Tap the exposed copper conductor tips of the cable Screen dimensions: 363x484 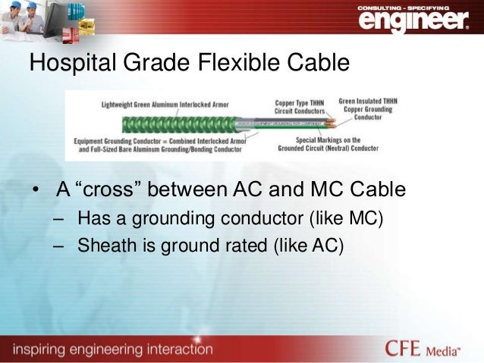[332, 121]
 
